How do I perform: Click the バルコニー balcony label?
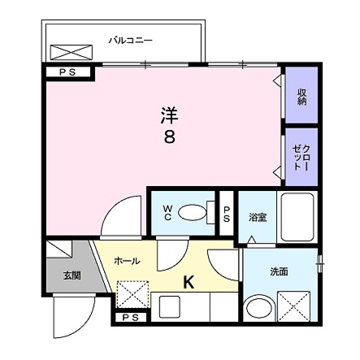130,39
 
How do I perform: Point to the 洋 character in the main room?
168,116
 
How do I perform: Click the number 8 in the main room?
168,137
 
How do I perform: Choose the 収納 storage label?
301,98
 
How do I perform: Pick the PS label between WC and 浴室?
227,214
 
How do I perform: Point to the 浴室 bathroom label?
258,218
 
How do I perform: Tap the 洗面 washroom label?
279,271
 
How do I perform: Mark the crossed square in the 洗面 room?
293,308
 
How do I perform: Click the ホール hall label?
127,261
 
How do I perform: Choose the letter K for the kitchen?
188,282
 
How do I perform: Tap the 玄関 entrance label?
73,275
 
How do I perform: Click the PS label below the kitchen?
130,318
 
